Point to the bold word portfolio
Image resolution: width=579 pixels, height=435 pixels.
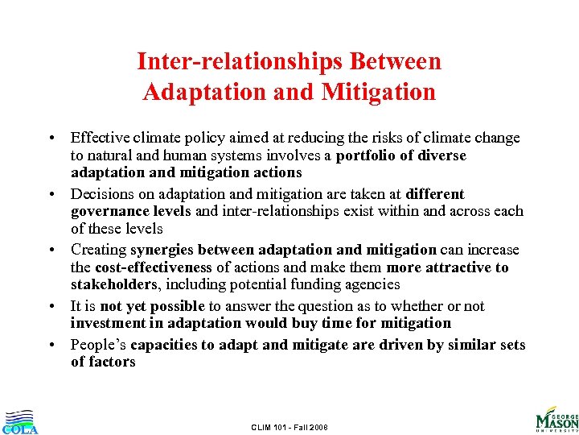click(x=367, y=155)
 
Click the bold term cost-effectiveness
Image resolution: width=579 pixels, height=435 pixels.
click(x=154, y=267)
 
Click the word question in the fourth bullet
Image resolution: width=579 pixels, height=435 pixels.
click(x=338, y=306)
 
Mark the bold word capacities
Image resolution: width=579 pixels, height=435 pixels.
click(x=166, y=345)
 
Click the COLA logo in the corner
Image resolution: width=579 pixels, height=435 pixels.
click(x=19, y=421)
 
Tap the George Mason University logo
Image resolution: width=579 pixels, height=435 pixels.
click(x=556, y=417)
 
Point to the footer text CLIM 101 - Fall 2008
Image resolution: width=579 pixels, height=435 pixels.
click(x=289, y=426)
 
